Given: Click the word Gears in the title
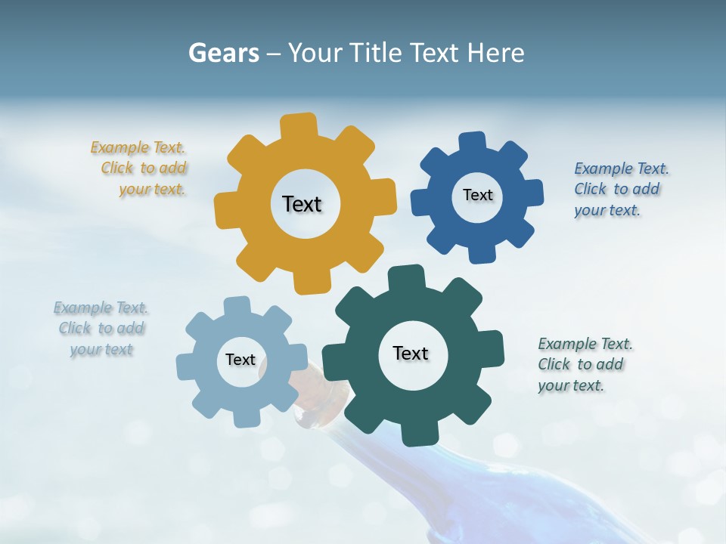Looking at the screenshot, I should [223, 53].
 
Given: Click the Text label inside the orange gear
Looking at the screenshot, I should [302, 204].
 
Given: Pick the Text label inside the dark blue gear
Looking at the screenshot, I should [477, 195].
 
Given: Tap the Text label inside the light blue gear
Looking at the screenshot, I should [240, 360].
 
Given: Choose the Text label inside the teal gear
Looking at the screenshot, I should [411, 353].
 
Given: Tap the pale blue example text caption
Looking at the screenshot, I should [101, 329].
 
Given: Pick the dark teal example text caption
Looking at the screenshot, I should [582, 364].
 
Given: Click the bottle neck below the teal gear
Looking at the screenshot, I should [318, 412].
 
